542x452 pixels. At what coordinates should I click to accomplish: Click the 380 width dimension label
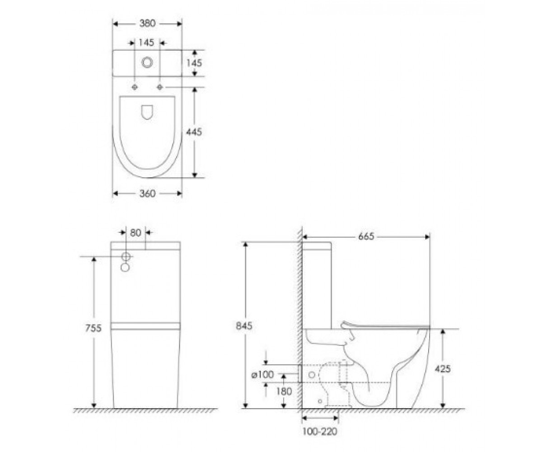coord(147,24)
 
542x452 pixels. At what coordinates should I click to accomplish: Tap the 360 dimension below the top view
coord(147,193)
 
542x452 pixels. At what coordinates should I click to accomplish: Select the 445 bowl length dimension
coord(194,132)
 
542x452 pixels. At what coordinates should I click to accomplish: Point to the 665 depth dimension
coord(366,237)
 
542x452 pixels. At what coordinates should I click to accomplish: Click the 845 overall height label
coord(244,325)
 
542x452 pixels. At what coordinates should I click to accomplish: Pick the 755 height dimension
coord(93,328)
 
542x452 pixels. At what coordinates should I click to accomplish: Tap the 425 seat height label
coord(443,369)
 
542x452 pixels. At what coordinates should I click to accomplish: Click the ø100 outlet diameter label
coord(263,375)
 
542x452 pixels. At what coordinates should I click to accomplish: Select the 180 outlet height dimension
coord(284,391)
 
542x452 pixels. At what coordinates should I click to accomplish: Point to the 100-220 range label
coord(320,432)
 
